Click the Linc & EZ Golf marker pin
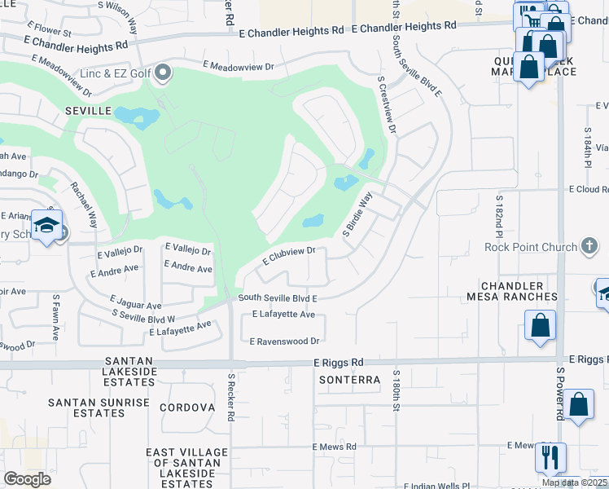[x=163, y=74]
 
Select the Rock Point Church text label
[x=530, y=247]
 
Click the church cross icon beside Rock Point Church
[x=589, y=246]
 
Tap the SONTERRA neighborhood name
[x=349, y=380]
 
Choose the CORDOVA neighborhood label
[x=186, y=407]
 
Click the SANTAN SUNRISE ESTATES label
[x=99, y=407]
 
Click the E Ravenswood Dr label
[x=284, y=341]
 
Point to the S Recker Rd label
[x=231, y=398]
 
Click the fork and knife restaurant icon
[x=550, y=458]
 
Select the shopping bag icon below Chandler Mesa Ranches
[x=540, y=327]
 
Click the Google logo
[x=27, y=478]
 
